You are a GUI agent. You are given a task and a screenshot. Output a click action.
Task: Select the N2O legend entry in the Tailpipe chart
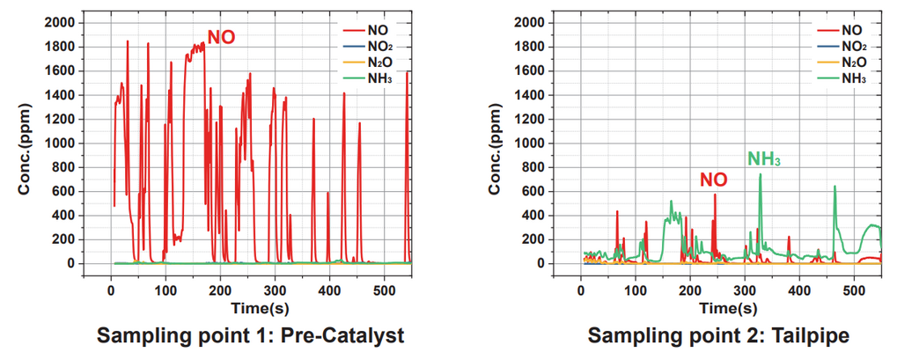point(854,62)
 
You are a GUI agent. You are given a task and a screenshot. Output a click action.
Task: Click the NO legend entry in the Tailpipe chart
point(851,30)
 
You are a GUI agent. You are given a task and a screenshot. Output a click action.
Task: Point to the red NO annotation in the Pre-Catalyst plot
point(222,37)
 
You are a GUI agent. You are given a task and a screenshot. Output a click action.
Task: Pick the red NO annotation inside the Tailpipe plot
point(714,179)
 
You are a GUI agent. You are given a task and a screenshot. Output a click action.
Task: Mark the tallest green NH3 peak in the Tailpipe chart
point(760,174)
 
